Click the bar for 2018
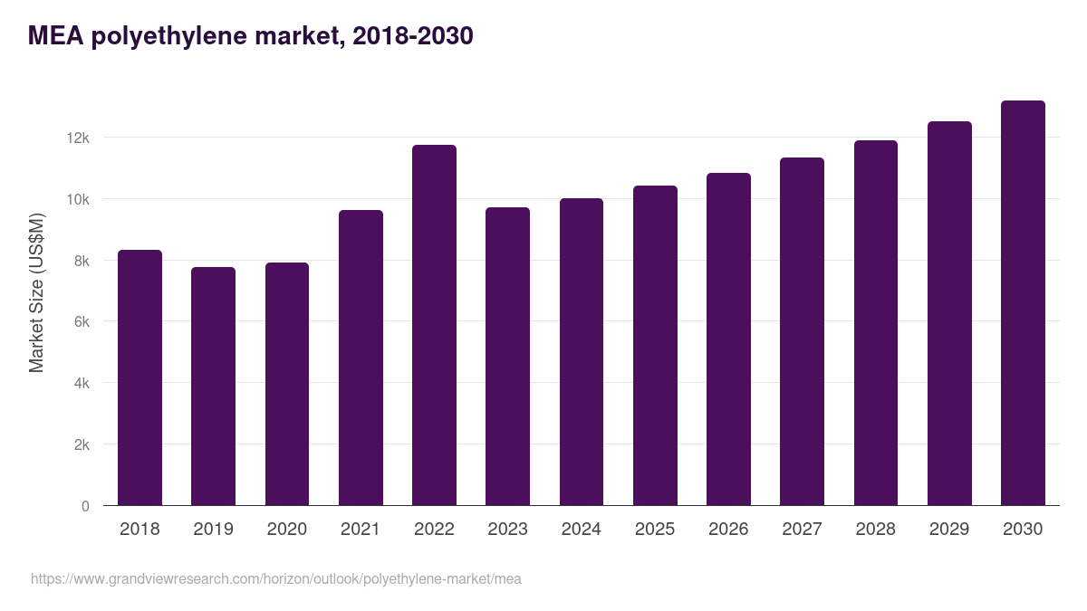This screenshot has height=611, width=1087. coord(139,377)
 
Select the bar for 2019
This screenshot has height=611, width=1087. coord(213,387)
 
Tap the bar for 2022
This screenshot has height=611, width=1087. coord(434,325)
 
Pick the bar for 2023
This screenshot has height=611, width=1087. coord(507,357)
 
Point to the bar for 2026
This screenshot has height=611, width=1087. coord(728,339)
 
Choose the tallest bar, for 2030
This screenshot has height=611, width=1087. coord(1023,303)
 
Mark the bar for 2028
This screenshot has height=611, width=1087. coord(875,323)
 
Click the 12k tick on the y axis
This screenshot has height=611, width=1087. coord(78,138)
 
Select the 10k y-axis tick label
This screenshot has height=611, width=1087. coord(78,199)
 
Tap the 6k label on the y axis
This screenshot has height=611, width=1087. coord(81,322)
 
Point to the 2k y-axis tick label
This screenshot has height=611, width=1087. coord(81,445)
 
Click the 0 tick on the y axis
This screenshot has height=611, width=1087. coord(85,506)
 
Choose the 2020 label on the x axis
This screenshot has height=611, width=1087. coord(286,530)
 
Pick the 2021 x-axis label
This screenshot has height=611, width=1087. coord(361,530)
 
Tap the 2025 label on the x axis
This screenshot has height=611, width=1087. coord(655,530)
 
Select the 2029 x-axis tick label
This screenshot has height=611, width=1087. coord(949,530)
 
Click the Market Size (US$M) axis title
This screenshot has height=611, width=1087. coord(36,292)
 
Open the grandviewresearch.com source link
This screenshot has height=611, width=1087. coord(275,579)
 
